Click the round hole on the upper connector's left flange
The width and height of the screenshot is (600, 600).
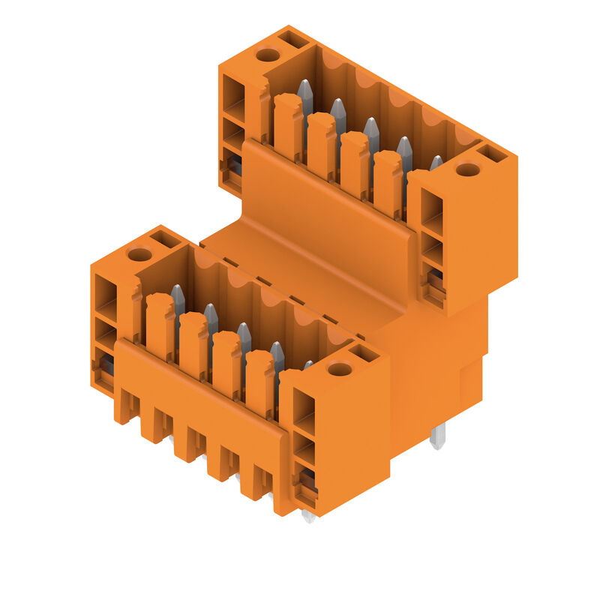pyautogui.click(x=268, y=54)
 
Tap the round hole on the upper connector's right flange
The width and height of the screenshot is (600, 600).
pyautogui.click(x=468, y=169)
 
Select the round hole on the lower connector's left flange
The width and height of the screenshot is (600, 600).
pyautogui.click(x=139, y=254)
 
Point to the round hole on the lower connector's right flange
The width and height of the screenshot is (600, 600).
pyautogui.click(x=340, y=369)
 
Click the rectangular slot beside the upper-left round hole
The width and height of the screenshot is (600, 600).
pyautogui.click(x=292, y=39)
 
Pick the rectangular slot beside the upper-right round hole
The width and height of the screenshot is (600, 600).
pyautogui.click(x=493, y=153)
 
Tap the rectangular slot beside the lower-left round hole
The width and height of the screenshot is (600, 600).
pyautogui.click(x=164, y=238)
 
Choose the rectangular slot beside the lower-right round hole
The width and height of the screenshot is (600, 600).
pyautogui.click(x=364, y=352)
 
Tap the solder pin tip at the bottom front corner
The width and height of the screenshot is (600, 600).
pyautogui.click(x=307, y=516)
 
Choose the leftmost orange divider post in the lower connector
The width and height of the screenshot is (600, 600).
pyautogui.click(x=160, y=325)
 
